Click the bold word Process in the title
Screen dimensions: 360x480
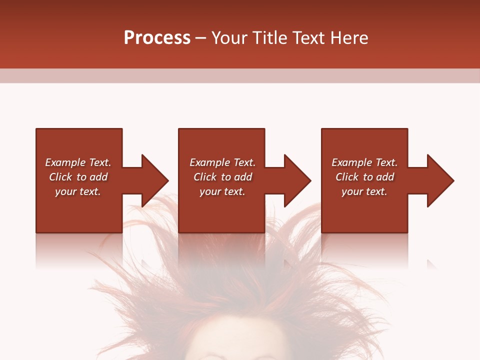tap(157, 38)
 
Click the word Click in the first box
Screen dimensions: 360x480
tap(60, 177)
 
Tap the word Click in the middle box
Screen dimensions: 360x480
tap(205, 177)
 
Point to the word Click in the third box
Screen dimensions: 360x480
tap(347, 177)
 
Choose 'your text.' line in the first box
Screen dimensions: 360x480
tap(78, 191)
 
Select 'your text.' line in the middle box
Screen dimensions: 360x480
tap(222, 191)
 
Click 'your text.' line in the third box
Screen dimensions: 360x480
tap(364, 191)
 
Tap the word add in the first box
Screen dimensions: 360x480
tap(98, 177)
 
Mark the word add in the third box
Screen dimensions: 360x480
tap(385, 177)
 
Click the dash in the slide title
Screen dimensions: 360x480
tap(200, 38)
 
